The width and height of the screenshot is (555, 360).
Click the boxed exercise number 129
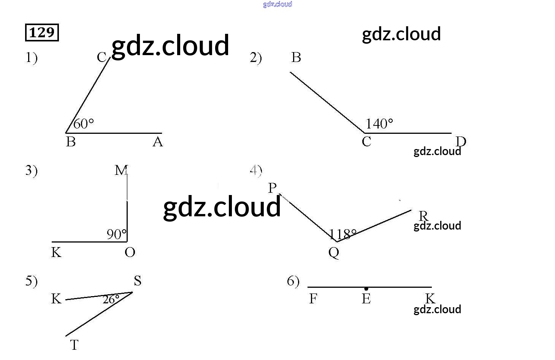click(42, 32)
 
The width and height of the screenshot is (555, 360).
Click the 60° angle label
click(83, 124)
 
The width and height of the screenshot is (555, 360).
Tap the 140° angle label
click(379, 124)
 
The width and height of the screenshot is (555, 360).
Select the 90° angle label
click(116, 234)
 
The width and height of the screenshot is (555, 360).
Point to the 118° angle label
click(343, 234)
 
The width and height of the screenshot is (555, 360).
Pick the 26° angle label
click(111, 300)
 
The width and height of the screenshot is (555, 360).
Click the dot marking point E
click(366, 289)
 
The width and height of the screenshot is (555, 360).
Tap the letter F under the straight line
click(313, 299)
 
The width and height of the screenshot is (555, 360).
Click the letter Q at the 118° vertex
click(334, 252)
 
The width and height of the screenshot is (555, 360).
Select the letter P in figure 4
click(272, 188)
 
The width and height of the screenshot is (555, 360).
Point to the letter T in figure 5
click(74, 345)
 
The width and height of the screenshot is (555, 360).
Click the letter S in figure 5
click(137, 281)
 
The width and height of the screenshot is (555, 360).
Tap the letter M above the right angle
click(121, 170)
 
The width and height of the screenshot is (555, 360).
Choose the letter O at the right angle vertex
click(130, 252)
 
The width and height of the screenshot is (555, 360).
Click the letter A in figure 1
click(157, 142)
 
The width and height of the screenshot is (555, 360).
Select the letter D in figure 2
click(461, 141)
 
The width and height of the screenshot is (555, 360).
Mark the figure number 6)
click(293, 281)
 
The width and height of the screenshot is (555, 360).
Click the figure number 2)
click(256, 58)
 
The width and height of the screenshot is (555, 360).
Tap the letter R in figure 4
click(423, 216)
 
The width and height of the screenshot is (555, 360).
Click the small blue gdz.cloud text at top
click(277, 4)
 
